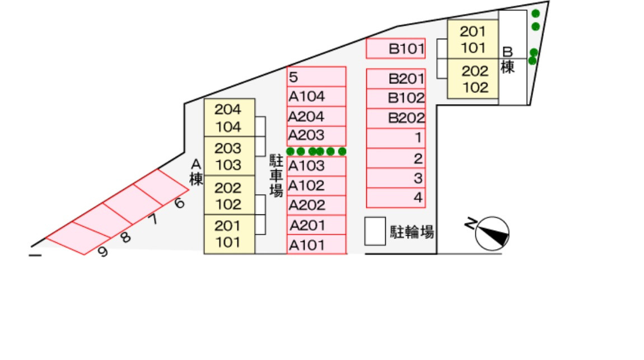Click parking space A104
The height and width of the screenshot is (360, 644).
pos(316,97)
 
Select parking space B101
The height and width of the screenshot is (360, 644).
pos(395,49)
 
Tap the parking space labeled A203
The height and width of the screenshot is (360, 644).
pos(316,135)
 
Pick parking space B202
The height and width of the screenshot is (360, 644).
pos(395,118)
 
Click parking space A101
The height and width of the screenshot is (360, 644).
pos(316,245)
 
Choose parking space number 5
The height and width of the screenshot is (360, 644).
pos(316,76)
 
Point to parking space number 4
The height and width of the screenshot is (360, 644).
pos(395,198)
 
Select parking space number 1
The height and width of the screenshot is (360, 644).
pos(395,138)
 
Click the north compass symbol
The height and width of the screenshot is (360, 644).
pos(492,233)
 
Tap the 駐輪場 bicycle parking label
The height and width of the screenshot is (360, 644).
pos(412,232)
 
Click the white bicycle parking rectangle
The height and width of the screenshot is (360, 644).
pos(375,231)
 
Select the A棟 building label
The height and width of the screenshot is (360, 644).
pos(195,172)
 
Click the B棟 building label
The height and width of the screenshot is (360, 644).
pos(507,60)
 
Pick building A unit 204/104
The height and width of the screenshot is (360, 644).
pos(229,118)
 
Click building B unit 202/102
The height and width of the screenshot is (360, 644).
pos(473,80)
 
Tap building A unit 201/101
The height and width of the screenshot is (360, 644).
pos(229,234)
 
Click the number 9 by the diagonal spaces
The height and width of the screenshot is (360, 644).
pos(102,252)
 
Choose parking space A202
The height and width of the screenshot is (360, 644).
pos(316,205)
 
